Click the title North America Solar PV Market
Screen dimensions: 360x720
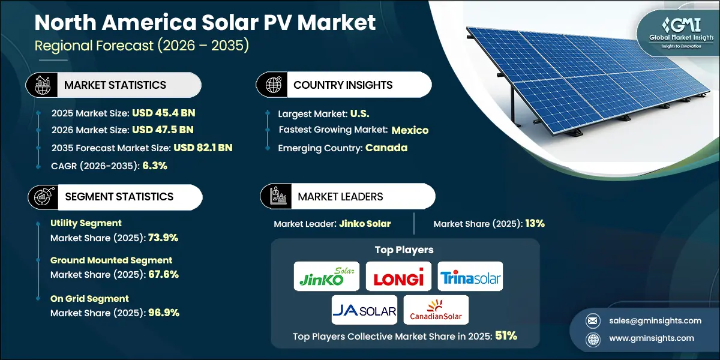tap(205, 22)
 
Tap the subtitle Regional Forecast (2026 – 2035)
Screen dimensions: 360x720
tap(142, 46)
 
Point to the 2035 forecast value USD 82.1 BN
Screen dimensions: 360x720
tap(203, 148)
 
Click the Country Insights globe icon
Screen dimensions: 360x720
tap(273, 85)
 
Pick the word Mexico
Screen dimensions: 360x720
tap(410, 130)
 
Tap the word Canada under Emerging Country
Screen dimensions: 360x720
tap(386, 148)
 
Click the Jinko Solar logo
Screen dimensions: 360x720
tap(327, 277)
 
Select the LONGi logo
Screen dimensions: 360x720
tap(398, 277)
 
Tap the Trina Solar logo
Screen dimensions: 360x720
tap(470, 277)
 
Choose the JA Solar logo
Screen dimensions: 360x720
tap(364, 310)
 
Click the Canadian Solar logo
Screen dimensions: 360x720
tap(436, 310)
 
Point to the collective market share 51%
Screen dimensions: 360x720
tap(506, 337)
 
